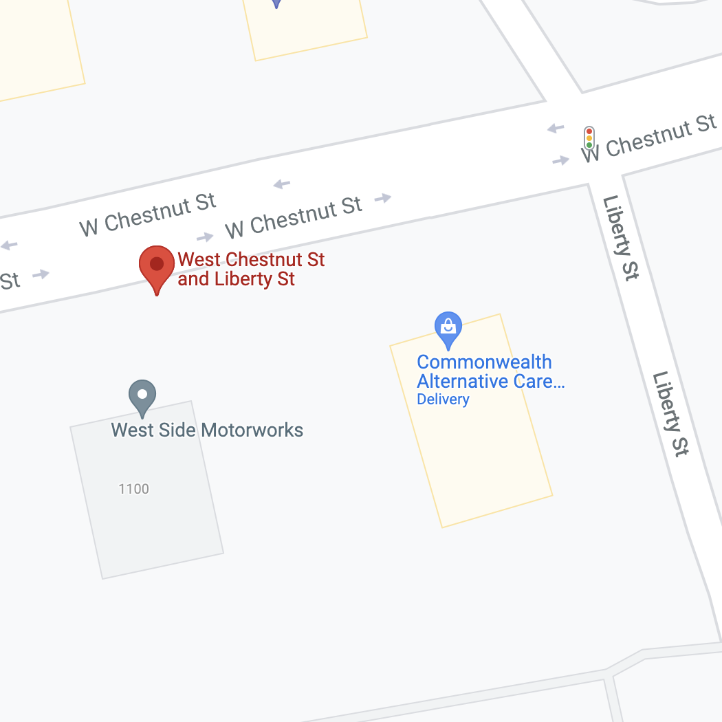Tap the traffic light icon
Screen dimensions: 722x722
(x=589, y=137)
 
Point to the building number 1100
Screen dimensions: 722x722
(x=133, y=489)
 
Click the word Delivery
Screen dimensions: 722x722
(x=443, y=400)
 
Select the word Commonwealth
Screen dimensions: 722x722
(x=484, y=362)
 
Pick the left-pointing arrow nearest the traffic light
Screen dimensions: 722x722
(x=556, y=129)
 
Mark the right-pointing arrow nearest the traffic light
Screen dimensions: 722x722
(x=560, y=160)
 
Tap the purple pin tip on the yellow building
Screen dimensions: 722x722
(x=276, y=3)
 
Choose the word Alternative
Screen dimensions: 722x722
(x=463, y=381)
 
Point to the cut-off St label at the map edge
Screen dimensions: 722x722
(x=9, y=280)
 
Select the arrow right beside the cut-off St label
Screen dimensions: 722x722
(x=41, y=274)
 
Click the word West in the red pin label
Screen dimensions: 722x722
(x=200, y=260)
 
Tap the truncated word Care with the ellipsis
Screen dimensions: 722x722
(x=540, y=381)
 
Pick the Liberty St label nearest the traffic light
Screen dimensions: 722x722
(x=620, y=237)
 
